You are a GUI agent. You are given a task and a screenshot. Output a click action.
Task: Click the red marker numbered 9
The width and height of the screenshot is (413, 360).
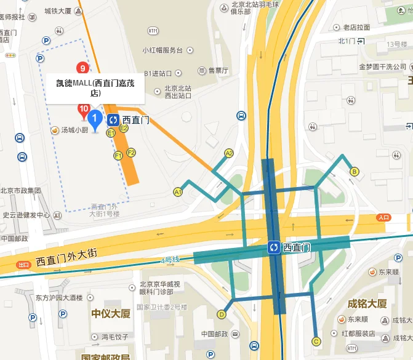click(81, 68)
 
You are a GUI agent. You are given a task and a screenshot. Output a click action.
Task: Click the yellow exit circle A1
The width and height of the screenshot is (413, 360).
click(178, 191)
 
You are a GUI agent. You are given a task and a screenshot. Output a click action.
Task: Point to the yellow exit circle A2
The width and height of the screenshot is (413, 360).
click(229, 153)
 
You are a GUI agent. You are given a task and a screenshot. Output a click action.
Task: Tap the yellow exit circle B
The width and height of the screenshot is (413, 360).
click(354, 172)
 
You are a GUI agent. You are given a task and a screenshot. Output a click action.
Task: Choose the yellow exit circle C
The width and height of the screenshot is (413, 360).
click(316, 341)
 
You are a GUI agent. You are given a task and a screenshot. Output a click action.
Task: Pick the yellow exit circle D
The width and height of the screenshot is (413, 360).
click(222, 314)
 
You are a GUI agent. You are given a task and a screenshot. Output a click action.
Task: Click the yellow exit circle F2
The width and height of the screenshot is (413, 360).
click(130, 152)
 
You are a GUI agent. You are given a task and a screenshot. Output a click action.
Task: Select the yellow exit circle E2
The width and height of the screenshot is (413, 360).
click(124, 128)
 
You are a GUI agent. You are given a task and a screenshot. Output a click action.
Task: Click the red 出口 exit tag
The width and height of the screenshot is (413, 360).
click(23, 265)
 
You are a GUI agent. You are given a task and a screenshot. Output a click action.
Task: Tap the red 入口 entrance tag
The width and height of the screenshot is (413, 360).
click(384, 217)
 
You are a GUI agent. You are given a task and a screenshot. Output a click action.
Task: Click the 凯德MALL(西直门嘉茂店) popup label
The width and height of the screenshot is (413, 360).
click(95, 88)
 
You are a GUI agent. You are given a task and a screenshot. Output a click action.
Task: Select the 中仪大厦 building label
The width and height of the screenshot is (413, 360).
click(111, 314)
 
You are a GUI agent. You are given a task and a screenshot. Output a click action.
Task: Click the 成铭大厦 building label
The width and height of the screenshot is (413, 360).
click(367, 303)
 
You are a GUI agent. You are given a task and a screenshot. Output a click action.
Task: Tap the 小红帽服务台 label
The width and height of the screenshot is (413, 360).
click(162, 50)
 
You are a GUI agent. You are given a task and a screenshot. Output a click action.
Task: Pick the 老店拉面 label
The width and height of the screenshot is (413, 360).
click(357, 27)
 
